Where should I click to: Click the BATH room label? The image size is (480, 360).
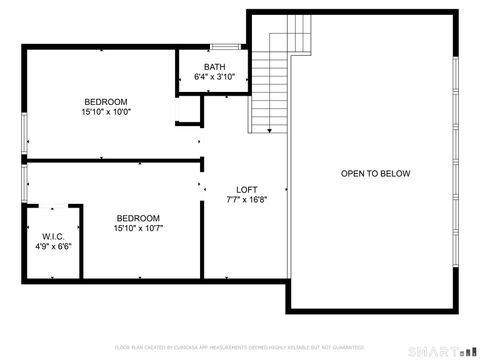pos(215,67)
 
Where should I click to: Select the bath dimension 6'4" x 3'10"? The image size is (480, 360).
pos(215,77)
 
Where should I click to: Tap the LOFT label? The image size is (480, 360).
pos(246,189)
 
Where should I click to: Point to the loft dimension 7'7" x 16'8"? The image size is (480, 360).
pos(246,199)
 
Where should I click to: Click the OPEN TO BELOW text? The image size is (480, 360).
pos(375,174)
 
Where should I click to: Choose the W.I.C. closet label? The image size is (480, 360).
pos(54,236)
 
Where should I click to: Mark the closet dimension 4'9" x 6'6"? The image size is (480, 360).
pos(54,246)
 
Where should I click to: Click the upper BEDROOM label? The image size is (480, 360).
pos(105,102)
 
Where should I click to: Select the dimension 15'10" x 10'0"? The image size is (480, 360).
pos(105,112)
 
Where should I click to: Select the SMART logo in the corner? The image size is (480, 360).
pos(439,351)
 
